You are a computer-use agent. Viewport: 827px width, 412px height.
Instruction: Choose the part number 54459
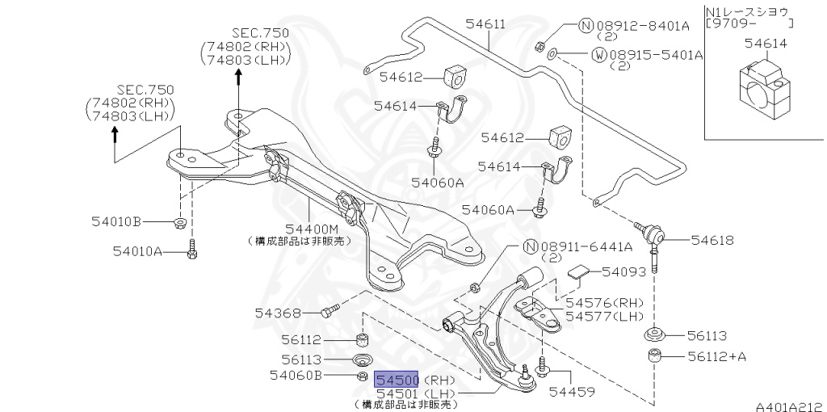[x=571, y=393]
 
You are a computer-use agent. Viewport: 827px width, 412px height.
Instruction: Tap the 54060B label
[x=296, y=376]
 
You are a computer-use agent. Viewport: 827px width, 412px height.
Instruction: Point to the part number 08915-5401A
[x=657, y=55]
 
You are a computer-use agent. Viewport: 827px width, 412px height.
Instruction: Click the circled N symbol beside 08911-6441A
[x=530, y=246]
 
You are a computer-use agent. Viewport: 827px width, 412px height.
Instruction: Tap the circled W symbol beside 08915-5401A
[x=599, y=55]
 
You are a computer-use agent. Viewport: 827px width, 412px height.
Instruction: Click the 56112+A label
[x=715, y=355]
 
